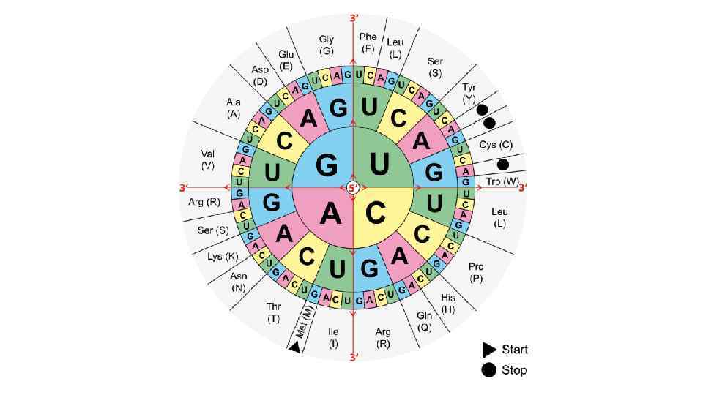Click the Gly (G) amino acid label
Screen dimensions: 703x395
point(327,44)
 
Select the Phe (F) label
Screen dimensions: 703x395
point(368,42)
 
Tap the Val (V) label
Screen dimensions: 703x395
point(207,159)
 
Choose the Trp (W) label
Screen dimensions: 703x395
point(502,181)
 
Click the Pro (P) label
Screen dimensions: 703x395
point(477,273)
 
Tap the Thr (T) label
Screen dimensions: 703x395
point(273,313)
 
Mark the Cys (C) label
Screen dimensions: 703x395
point(496,145)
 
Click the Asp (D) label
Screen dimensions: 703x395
point(260,75)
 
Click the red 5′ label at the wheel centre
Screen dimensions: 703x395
point(353,188)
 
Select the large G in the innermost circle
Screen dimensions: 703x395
point(327,165)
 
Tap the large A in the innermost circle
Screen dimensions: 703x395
point(330,213)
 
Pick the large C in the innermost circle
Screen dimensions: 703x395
point(376,213)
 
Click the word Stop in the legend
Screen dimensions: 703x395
point(514,370)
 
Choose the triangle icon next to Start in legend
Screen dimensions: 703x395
point(488,350)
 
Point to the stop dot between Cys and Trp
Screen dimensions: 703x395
point(503,165)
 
